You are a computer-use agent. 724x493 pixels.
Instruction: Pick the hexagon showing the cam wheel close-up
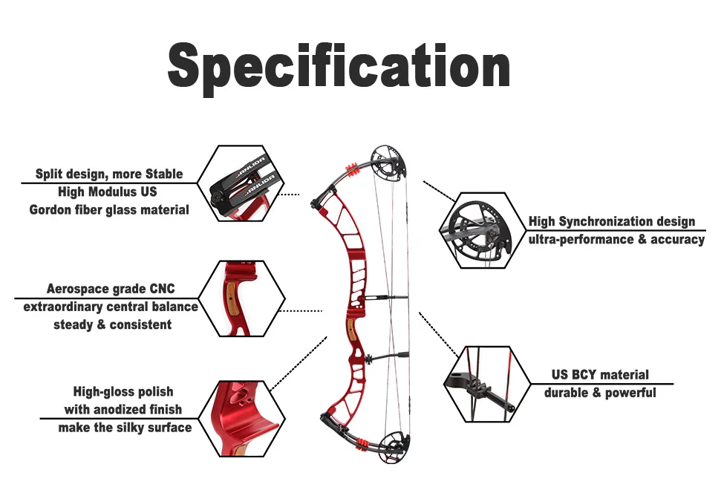482,230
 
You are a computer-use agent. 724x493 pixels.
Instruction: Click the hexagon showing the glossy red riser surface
243,419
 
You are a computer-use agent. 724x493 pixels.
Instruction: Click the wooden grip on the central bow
348,326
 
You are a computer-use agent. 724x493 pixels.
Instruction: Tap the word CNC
163,289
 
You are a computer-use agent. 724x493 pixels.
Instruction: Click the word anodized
127,410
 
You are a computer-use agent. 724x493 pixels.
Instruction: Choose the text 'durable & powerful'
600,393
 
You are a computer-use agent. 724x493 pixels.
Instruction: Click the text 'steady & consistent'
112,324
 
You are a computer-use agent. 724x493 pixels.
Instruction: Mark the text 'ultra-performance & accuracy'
616,240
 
